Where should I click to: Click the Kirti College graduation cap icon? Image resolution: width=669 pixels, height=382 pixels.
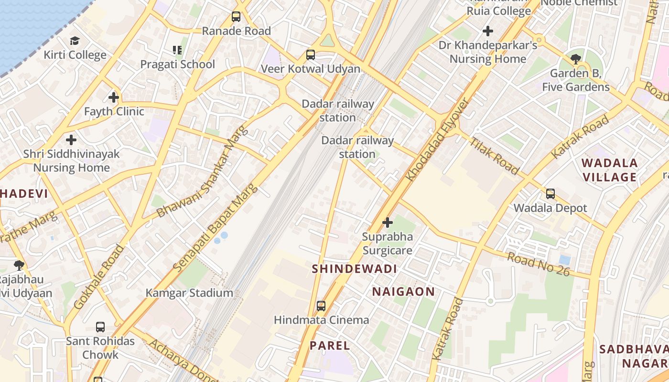pyautogui.click(x=75, y=41)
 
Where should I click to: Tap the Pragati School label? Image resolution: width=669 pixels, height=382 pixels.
pyautogui.click(x=178, y=64)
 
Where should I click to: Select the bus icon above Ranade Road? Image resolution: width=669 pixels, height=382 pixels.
pyautogui.click(x=236, y=17)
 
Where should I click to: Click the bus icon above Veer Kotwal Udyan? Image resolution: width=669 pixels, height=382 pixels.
pyautogui.click(x=311, y=54)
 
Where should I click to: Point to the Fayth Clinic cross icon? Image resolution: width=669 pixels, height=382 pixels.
pyautogui.click(x=114, y=97)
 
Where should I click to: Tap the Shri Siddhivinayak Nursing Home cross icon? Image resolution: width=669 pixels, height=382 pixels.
pyautogui.click(x=71, y=140)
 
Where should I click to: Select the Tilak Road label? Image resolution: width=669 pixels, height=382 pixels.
pyautogui.click(x=494, y=156)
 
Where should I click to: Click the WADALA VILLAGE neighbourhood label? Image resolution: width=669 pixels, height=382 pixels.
pyautogui.click(x=609, y=170)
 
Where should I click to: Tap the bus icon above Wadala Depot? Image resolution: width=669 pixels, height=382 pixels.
pyautogui.click(x=550, y=194)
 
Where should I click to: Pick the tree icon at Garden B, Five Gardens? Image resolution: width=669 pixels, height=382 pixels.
pyautogui.click(x=576, y=59)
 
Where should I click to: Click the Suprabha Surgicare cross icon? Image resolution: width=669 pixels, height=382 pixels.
pyautogui.click(x=388, y=223)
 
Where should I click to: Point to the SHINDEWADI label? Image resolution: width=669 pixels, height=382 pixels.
pyautogui.click(x=355, y=269)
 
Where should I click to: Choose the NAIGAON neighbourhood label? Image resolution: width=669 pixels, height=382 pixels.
pyautogui.click(x=404, y=292)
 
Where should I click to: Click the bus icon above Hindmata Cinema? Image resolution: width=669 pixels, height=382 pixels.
pyautogui.click(x=321, y=306)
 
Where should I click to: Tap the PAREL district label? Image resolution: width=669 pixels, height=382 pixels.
pyautogui.click(x=330, y=346)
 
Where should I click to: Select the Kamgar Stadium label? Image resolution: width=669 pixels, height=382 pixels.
pyautogui.click(x=190, y=293)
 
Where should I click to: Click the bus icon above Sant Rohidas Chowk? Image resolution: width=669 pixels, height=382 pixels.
pyautogui.click(x=100, y=327)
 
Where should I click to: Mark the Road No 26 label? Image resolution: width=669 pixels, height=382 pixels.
pyautogui.click(x=539, y=264)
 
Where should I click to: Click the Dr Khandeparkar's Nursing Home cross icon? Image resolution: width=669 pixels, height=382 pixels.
pyautogui.click(x=488, y=32)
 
